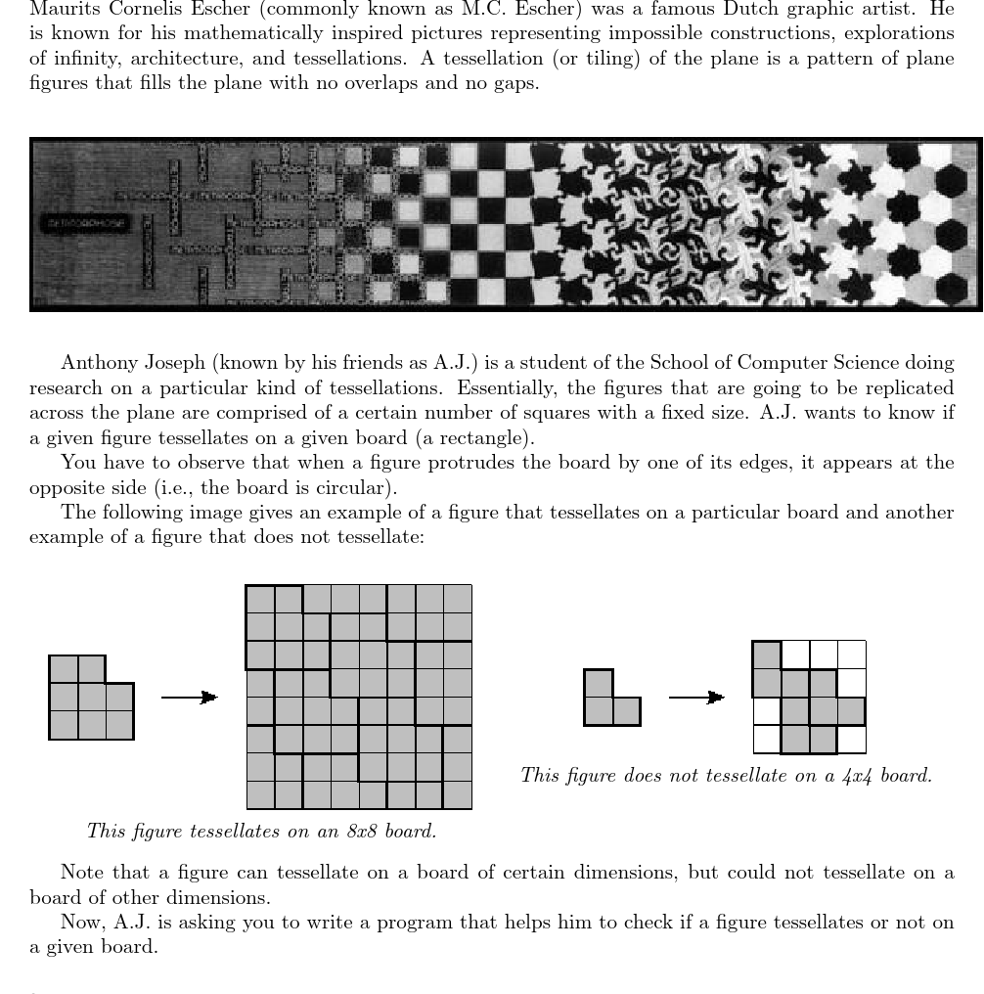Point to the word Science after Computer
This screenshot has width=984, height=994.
click(x=867, y=363)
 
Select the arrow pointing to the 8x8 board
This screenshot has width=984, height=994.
click(x=189, y=697)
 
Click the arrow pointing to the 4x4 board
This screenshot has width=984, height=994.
click(x=696, y=697)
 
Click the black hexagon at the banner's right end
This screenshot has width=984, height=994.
click(x=950, y=182)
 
